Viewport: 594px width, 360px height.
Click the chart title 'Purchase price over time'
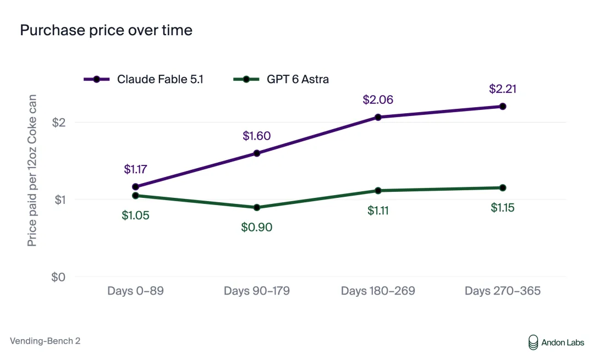tap(106, 30)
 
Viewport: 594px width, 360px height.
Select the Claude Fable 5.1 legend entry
tap(144, 79)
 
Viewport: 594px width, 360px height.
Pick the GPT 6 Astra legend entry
tap(281, 79)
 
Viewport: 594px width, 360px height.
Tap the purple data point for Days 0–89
tap(135, 187)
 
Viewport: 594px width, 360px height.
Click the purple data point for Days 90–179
tap(256, 153)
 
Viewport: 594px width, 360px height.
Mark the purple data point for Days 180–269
tap(378, 118)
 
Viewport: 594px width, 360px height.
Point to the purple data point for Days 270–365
tap(503, 107)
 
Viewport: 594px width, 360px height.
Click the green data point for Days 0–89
tap(135, 196)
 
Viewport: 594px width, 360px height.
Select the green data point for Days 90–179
tap(256, 207)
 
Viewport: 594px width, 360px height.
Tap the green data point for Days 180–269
tap(378, 190)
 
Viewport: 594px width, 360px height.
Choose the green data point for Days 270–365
tap(503, 188)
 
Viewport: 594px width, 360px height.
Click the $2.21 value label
tap(503, 88)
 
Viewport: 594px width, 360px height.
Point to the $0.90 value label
tap(256, 227)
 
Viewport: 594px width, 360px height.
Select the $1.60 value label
tap(256, 136)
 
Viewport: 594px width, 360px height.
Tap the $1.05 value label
tap(135, 215)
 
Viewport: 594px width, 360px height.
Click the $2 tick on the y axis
tap(59, 122)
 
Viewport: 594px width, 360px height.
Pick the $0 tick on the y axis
tap(58, 277)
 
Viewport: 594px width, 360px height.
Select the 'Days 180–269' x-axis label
tap(378, 291)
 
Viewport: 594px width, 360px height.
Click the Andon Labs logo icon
tap(533, 342)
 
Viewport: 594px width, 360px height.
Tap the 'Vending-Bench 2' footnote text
tap(45, 341)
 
